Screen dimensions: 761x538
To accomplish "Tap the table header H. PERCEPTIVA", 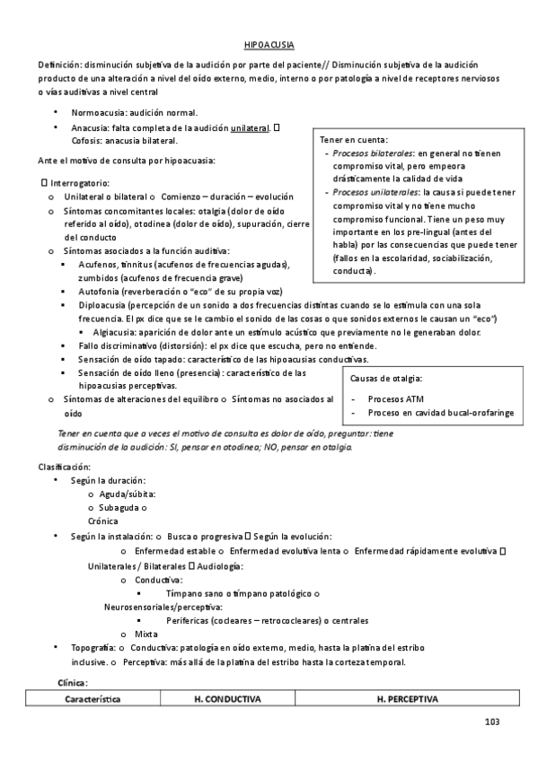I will [407, 697].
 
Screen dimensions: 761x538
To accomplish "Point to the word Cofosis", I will [87, 142].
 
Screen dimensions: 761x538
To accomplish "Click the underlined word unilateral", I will [250, 128].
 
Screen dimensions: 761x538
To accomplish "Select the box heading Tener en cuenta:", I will [354, 140].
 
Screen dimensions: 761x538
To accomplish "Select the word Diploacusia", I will [103, 306].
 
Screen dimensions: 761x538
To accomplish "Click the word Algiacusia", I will [114, 332].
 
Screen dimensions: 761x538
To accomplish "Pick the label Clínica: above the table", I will [73, 682].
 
